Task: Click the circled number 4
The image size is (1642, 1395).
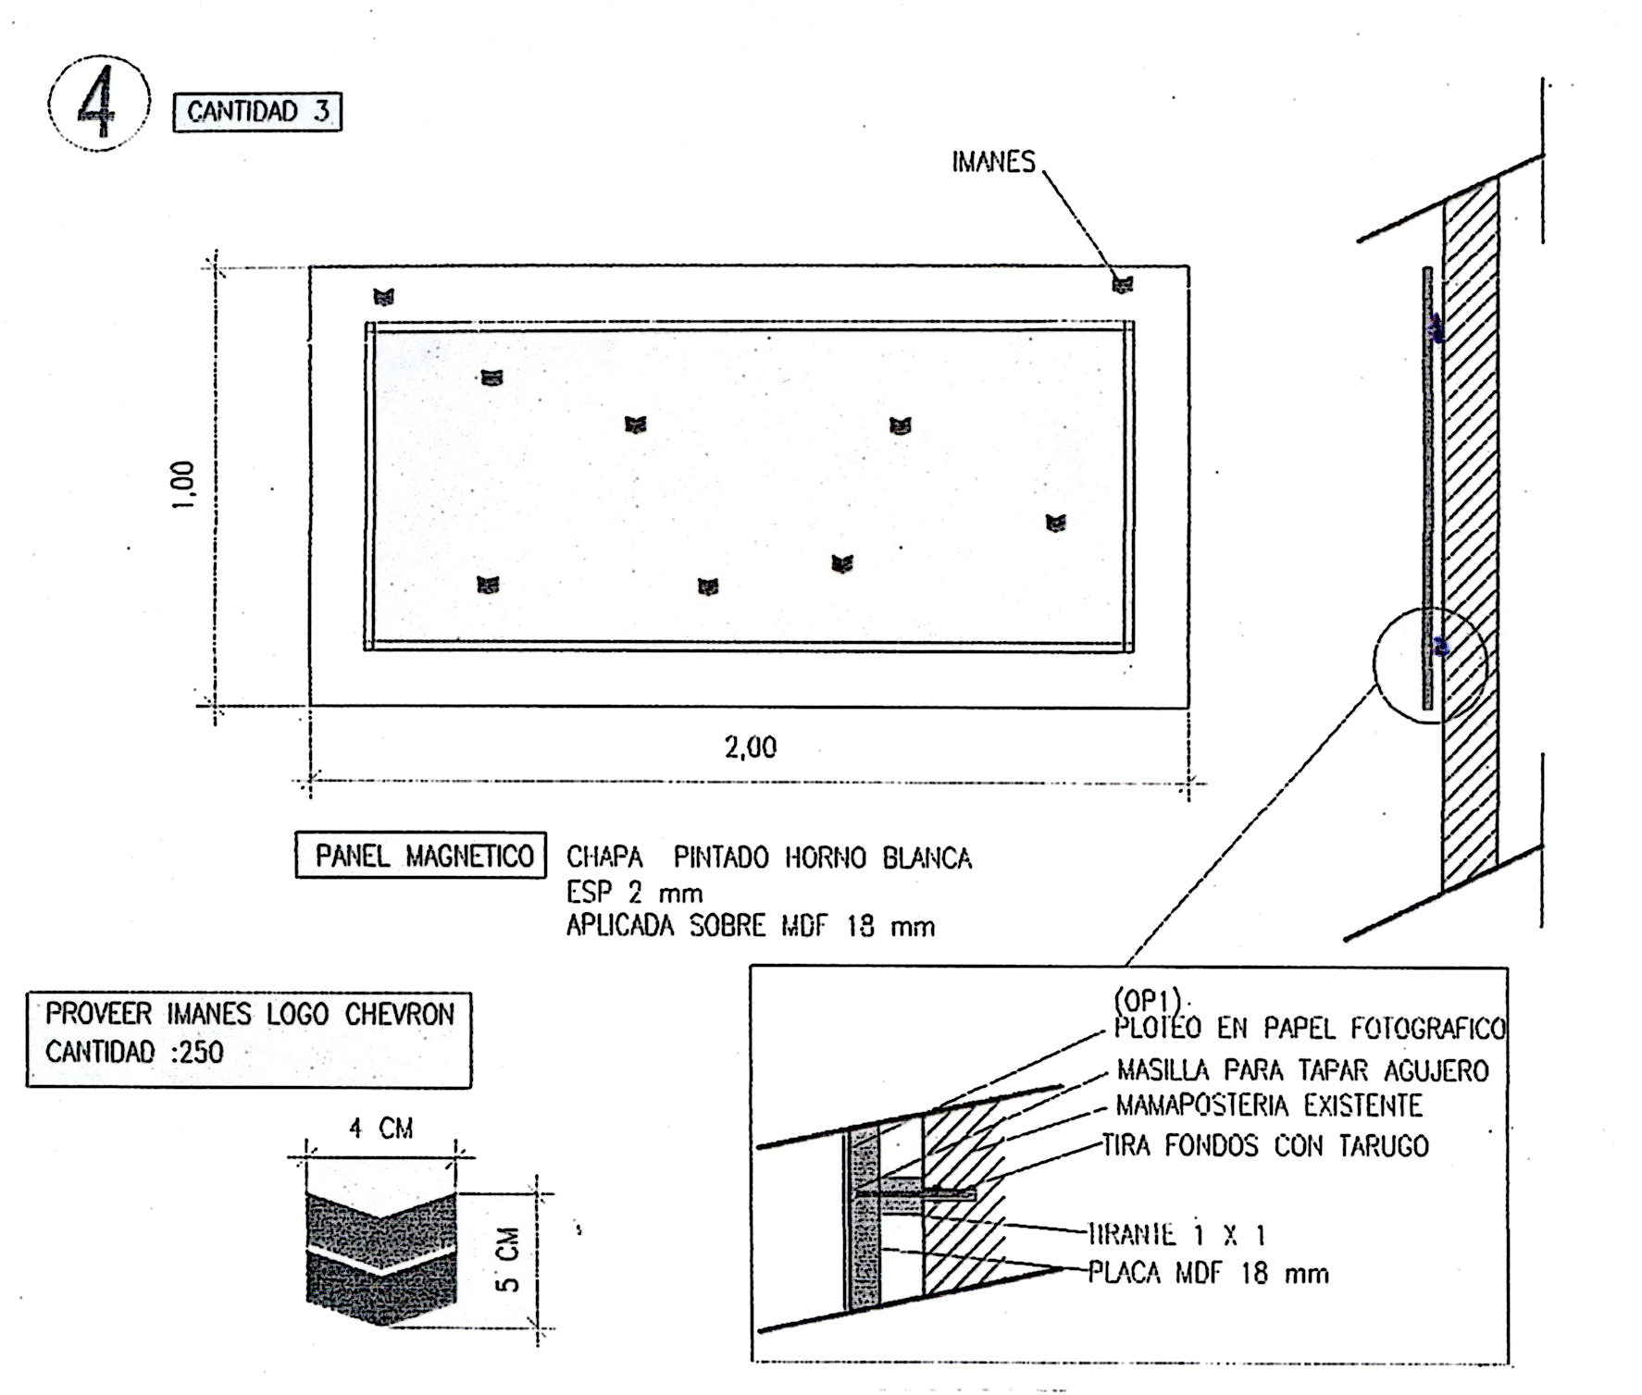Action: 98,105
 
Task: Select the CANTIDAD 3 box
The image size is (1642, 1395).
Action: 257,112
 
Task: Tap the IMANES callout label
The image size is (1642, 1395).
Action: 993,162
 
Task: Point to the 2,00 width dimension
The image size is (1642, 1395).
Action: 750,747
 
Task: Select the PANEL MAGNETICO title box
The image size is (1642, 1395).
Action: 422,856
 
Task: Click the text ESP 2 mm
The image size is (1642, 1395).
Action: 634,893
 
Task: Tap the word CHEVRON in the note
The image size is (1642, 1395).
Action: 399,1015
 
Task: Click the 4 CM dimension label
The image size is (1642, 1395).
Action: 380,1129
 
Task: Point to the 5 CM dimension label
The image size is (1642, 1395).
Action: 508,1258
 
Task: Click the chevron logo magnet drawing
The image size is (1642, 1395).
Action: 380,1258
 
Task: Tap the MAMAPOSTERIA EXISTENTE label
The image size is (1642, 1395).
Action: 1268,1105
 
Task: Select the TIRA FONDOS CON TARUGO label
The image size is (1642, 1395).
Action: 1264,1146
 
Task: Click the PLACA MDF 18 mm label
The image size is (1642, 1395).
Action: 1208,1274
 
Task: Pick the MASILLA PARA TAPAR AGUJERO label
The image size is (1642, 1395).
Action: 1302,1071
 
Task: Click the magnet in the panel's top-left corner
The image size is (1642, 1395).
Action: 383,297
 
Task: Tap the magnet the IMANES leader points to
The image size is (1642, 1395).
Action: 1122,285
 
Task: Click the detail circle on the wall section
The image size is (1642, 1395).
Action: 1429,664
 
